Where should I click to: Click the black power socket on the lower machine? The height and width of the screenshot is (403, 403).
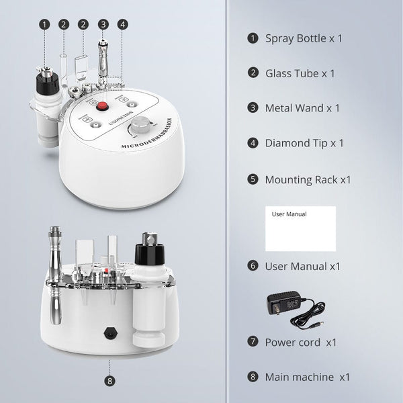coord(108,331)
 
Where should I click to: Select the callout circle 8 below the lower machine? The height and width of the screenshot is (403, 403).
coord(109,381)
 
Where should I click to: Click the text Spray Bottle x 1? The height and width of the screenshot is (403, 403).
coord(304,38)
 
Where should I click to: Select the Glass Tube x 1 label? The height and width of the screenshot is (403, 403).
coord(300,73)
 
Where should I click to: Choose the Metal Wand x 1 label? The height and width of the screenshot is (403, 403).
coord(302,107)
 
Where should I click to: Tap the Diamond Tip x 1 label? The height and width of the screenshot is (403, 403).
coord(304,143)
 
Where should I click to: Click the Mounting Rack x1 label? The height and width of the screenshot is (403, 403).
coord(308,179)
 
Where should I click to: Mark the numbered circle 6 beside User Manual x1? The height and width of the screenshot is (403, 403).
coord(253,266)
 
